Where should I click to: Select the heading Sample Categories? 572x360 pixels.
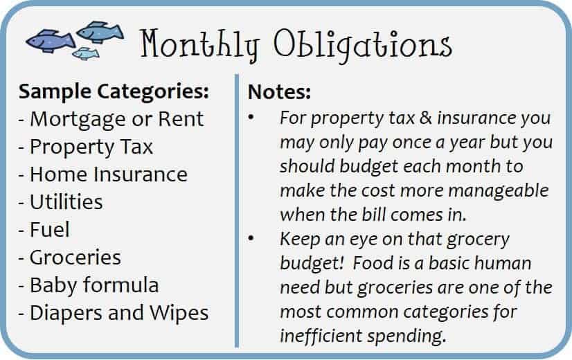pos(114,91)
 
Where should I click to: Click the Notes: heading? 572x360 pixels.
pos(280,91)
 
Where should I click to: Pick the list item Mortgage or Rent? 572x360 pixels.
pos(111,120)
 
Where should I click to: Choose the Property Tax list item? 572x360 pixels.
pos(86,147)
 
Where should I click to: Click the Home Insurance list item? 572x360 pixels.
pos(103,174)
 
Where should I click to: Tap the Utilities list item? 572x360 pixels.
pos(60,202)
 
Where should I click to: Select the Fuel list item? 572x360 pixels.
pos(44,230)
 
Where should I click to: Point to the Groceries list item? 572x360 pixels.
pos(70,258)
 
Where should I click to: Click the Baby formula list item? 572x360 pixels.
pos(89,285)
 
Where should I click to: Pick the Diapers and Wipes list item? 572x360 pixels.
pos(114,314)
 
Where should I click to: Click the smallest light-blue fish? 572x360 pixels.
pos(86,53)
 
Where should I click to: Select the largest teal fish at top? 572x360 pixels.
pos(100,32)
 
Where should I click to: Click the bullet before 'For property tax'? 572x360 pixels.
pos(251,118)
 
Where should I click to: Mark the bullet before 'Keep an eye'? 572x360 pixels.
pos(251,239)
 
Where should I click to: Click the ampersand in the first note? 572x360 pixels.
pos(426,118)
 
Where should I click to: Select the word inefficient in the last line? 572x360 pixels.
pos(321,336)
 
